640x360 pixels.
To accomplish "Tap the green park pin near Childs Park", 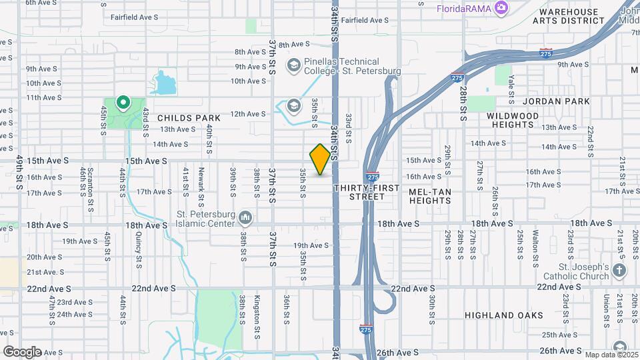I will coord(123,103).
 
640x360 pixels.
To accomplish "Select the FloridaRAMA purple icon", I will coord(502,8).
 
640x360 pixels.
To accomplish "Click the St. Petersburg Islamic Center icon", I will coord(245,217).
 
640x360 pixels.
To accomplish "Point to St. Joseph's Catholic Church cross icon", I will coord(619,271).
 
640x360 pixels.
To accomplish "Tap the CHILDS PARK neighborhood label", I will coord(189,117).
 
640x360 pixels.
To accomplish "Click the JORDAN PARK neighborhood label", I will coord(557,101).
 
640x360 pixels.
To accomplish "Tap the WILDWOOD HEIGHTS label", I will coord(513,120).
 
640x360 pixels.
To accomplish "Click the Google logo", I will coord(22,351).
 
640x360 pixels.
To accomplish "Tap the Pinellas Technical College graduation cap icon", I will coord(293,65).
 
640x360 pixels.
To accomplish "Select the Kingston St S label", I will coord(257,311).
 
